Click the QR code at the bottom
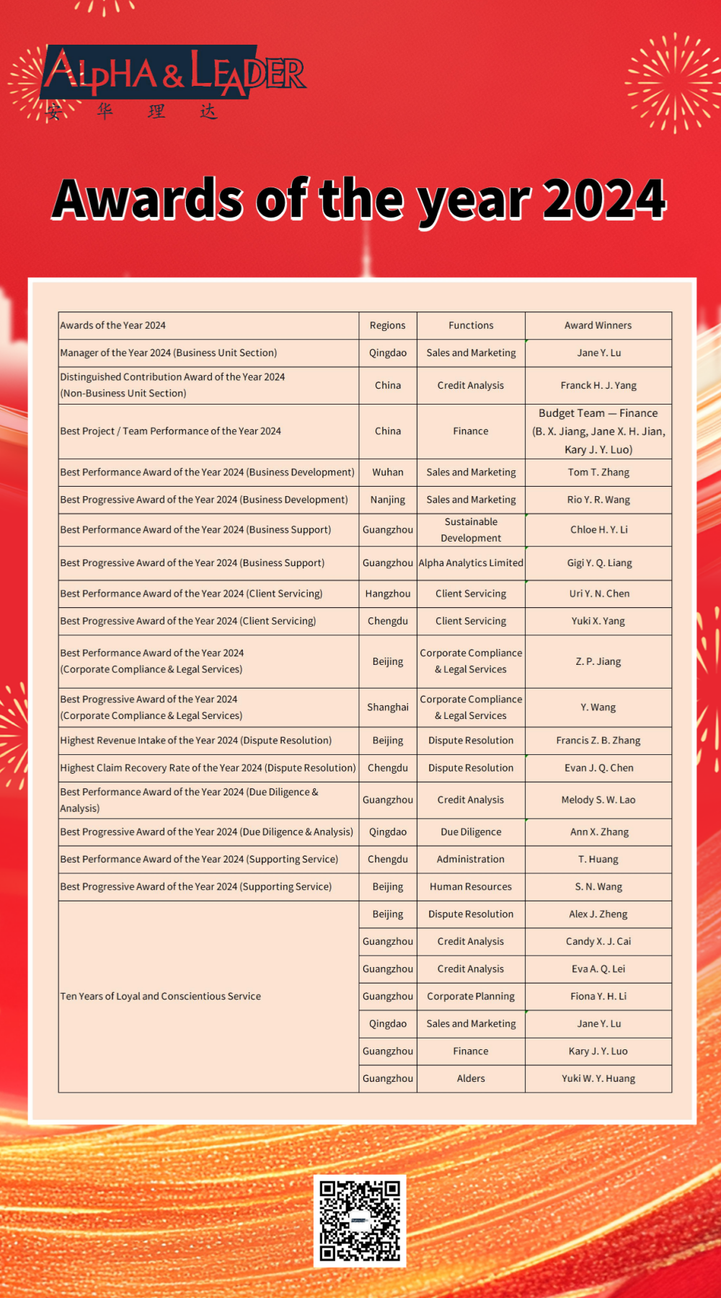[359, 1220]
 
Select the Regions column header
[388, 325]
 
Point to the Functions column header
[471, 325]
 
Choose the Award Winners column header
[598, 325]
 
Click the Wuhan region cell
[388, 472]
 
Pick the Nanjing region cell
[388, 500]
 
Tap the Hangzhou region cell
[388, 593]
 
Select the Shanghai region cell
[388, 707]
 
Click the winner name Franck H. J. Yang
[598, 385]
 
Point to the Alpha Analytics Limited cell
[471, 562]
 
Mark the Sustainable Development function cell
[471, 530]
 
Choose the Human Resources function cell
[471, 887]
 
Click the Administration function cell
[471, 860]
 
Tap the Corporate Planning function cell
[471, 997]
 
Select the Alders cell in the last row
[471, 1079]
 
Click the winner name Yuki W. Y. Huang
[598, 1079]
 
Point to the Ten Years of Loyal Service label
[161, 997]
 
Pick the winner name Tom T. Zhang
[598, 472]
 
